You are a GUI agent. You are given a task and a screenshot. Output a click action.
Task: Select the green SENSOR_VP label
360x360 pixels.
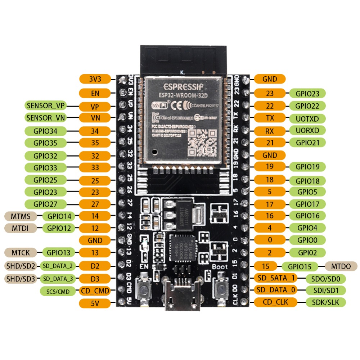point(46,106)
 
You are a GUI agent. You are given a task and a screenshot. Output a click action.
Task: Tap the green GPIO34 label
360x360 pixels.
point(46,131)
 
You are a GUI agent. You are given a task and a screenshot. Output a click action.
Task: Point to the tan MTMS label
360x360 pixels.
point(21,216)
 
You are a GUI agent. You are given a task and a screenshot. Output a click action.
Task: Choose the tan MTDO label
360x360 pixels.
point(341,266)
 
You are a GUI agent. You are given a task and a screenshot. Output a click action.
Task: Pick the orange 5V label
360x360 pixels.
point(95,303)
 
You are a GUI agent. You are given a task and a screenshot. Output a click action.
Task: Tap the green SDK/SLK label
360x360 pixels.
point(325,302)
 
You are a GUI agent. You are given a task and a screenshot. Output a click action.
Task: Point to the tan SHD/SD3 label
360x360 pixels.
point(21,278)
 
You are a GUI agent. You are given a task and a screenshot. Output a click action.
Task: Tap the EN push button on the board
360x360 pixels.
point(145,289)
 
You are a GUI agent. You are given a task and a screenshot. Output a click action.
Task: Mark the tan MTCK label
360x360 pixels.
point(21,252)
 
